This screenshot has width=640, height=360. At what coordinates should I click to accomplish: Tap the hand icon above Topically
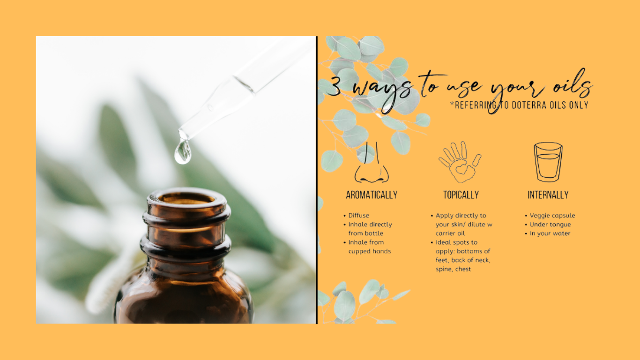[x=460, y=162]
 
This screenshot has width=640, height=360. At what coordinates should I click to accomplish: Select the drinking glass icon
[x=548, y=162]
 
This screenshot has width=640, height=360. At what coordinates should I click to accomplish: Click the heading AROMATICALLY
[x=372, y=195]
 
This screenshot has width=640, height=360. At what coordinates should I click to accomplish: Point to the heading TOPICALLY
[x=461, y=195]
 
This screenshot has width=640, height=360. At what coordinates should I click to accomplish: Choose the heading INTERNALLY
[x=548, y=195]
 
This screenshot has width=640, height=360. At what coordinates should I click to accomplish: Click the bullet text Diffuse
[x=358, y=216]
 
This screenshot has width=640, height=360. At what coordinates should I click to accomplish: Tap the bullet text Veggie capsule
[x=552, y=216]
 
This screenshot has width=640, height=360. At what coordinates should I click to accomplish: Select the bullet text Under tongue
[x=551, y=225]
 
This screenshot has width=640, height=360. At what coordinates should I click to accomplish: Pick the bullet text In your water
[x=550, y=233]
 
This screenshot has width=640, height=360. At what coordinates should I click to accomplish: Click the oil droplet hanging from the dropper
[x=183, y=151]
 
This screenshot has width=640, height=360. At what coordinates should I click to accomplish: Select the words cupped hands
[x=369, y=251]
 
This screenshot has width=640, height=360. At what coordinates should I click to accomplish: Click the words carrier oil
[x=450, y=233]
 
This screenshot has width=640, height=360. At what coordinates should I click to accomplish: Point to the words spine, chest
[x=453, y=269]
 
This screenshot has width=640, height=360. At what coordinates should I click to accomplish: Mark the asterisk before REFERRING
[x=452, y=103]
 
